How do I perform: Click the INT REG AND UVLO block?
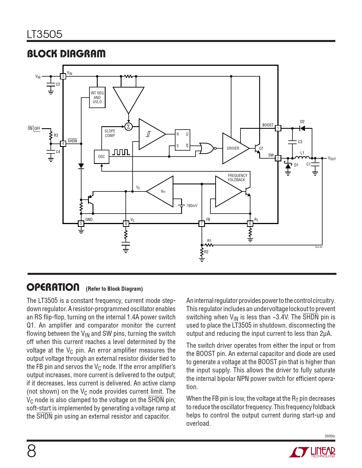pos(97,97)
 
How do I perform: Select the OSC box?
pos(101,157)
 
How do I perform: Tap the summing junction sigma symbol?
pos(128,127)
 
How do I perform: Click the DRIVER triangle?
pos(234,148)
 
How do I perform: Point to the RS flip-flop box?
pos(182,140)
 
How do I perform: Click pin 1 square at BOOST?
pos(278,128)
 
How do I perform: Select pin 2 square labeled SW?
pos(278,158)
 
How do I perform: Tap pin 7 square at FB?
pos(202,224)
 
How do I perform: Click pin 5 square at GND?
pos(81,224)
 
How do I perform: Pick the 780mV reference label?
pos(192,206)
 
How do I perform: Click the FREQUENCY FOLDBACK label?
pos(237,178)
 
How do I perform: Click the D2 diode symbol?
pos(302,128)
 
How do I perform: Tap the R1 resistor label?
pos(209,241)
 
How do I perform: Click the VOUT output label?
pos(332,159)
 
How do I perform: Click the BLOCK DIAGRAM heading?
pos(66,54)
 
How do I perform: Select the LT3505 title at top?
pos(45,34)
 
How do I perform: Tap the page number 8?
pos(32,451)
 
